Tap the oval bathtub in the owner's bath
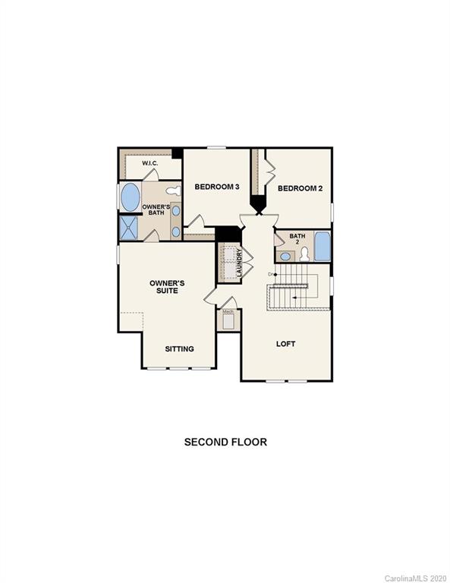coord(131,197)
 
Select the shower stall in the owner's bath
coord(128,228)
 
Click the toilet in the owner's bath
coord(173,190)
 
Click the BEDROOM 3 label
coord(217,187)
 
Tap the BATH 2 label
coord(297,239)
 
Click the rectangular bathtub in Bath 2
coord(322,247)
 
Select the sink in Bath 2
coord(286,257)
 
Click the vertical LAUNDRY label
coord(239,263)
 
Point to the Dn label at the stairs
coord(270,273)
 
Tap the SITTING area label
coord(180,349)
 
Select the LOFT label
coord(285,344)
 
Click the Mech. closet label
coord(227,311)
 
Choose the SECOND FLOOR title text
coord(225,441)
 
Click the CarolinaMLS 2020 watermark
coord(416,578)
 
